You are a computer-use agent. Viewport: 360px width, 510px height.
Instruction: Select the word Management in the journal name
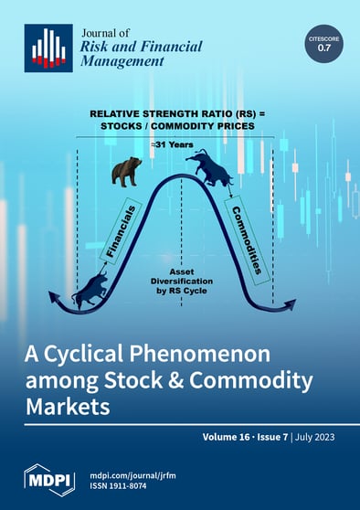click(123, 62)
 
